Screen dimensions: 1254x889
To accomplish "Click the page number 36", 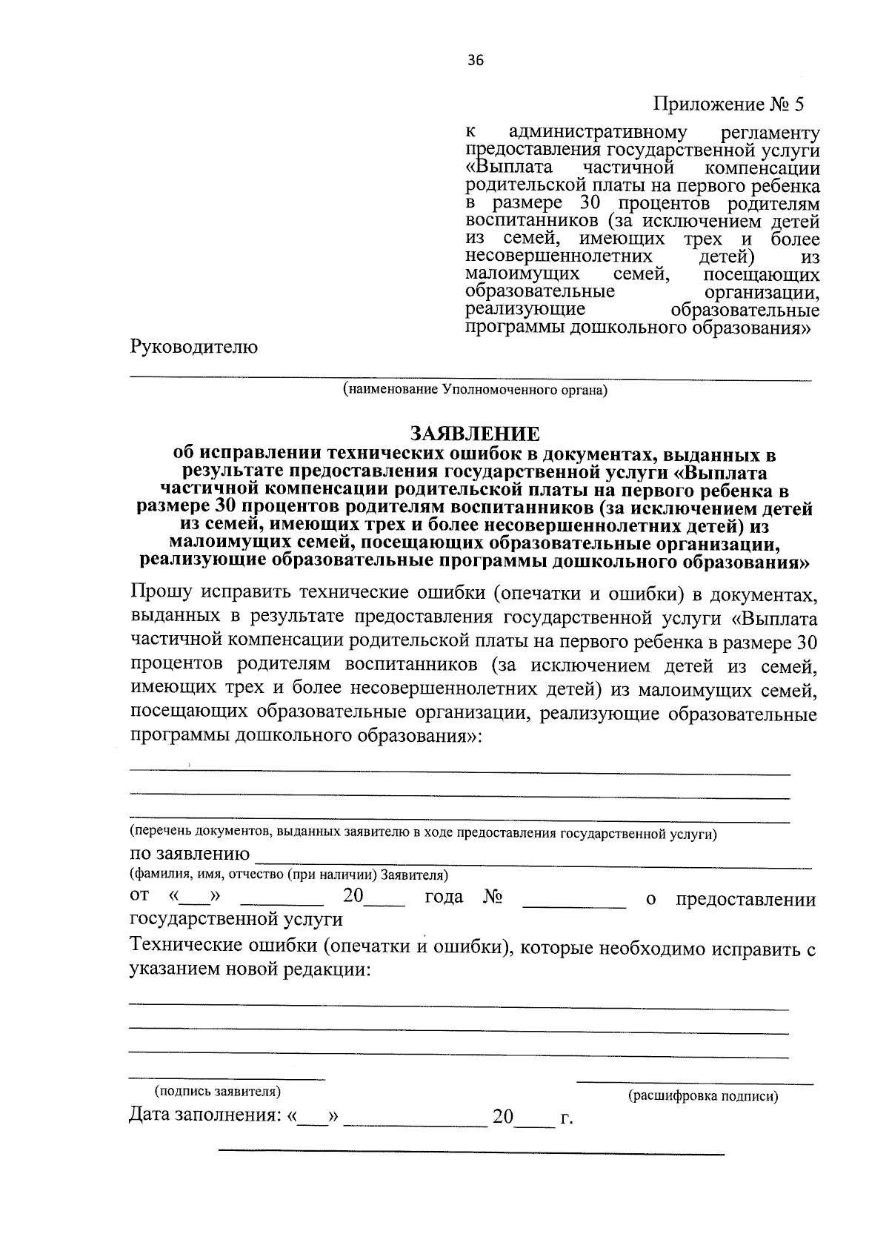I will coord(475,61).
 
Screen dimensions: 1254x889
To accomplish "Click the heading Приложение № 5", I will coord(727,104).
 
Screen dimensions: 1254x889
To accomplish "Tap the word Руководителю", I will coord(194,347).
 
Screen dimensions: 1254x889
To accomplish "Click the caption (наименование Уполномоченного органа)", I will coord(474,390).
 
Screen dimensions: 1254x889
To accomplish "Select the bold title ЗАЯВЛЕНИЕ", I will coord(475,433).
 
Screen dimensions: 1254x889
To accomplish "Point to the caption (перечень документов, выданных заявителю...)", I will coord(423,833).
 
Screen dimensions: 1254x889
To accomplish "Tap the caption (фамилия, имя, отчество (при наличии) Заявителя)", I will coord(289,875).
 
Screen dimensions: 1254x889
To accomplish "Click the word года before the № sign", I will coord(444,897).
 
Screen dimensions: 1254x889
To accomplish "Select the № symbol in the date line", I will coord(493,897).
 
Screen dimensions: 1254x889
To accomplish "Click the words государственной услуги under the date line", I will coord(236,919).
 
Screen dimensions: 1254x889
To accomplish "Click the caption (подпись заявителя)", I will coord(217,1092).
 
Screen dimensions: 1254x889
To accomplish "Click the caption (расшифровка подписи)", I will coord(703,1097).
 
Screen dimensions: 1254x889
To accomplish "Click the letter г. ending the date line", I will coord(567,1118).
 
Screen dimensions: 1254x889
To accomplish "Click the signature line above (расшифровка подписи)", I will coord(694,1084).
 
